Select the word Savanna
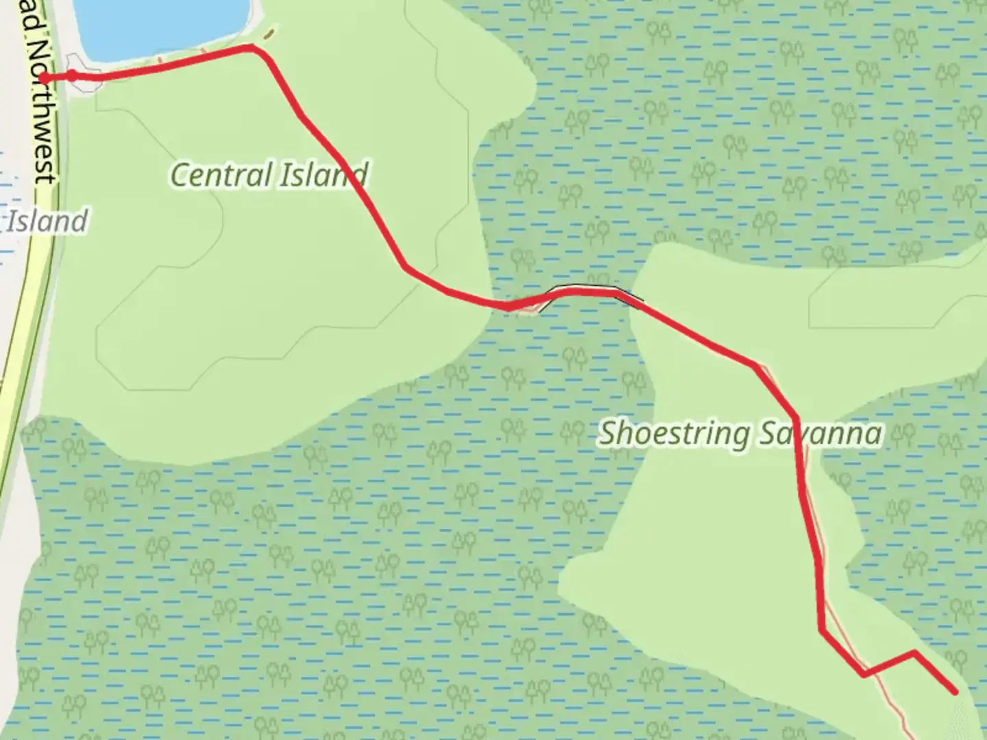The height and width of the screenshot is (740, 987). click(x=820, y=434)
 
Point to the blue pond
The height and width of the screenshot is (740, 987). click(x=158, y=24)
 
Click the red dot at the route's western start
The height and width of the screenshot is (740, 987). click(x=44, y=77)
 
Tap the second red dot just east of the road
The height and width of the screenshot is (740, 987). click(x=71, y=75)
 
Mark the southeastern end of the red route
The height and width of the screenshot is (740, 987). click(x=954, y=691)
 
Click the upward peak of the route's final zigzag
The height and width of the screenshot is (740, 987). click(x=914, y=652)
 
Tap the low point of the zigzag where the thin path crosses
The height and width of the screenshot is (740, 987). click(x=864, y=674)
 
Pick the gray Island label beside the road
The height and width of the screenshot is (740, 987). click(x=47, y=221)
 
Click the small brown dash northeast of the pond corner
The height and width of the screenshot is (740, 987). click(x=271, y=32)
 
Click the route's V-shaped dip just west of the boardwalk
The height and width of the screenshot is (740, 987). click(x=509, y=307)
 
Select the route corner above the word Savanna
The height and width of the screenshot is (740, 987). click(x=795, y=417)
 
